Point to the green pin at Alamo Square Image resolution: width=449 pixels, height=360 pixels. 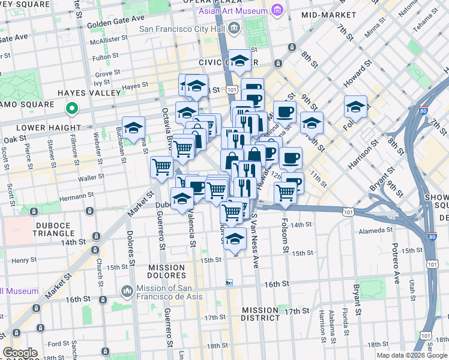71,109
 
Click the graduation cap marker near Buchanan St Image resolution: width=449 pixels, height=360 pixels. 134,127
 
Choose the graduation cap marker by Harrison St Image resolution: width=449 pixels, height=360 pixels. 355,106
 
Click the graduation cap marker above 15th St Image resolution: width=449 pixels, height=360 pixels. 235,238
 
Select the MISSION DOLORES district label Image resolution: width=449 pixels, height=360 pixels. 167,271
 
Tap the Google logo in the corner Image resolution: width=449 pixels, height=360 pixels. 20,353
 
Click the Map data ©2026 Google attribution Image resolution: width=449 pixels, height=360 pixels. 412,355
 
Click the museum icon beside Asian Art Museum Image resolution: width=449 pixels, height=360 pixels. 277,10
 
